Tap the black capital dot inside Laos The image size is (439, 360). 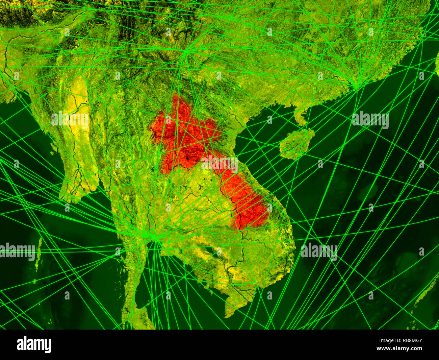tap(188, 158)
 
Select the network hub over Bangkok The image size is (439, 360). tap(156, 238)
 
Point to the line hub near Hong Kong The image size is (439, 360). tap(357, 88)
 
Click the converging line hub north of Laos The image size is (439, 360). tap(185, 52)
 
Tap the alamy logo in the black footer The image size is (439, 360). tap(34, 345)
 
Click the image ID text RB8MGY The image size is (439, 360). tap(408, 341)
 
